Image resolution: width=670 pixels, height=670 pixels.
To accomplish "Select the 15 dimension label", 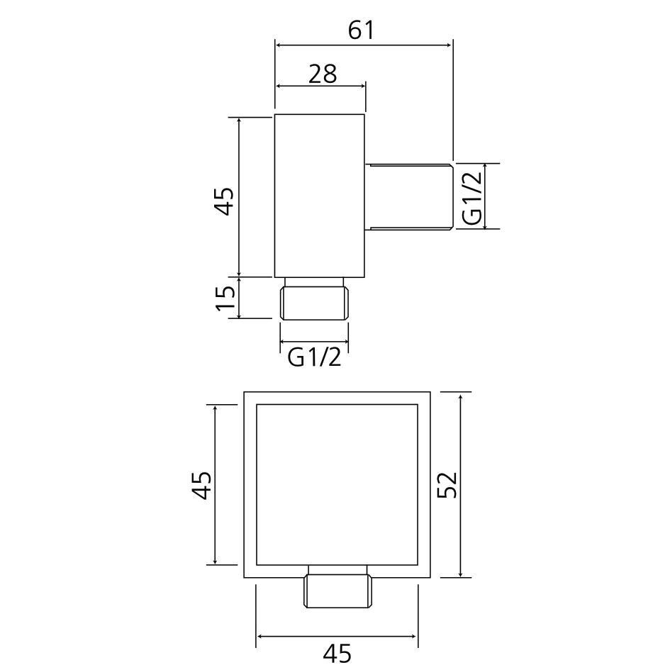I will tap(225, 298).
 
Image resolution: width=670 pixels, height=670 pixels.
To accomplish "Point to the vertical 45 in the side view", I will tap(225, 200).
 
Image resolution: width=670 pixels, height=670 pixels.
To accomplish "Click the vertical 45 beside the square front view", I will tap(201, 485).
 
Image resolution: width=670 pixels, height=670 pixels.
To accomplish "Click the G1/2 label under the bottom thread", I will tap(315, 357).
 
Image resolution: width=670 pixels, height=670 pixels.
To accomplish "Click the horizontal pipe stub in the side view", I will tap(409, 196).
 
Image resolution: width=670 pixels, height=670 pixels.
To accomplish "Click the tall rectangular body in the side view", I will tap(320, 195).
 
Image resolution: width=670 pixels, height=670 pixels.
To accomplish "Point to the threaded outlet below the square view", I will tap(338, 590).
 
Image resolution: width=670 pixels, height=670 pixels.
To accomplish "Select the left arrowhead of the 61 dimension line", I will tap(279, 45).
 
